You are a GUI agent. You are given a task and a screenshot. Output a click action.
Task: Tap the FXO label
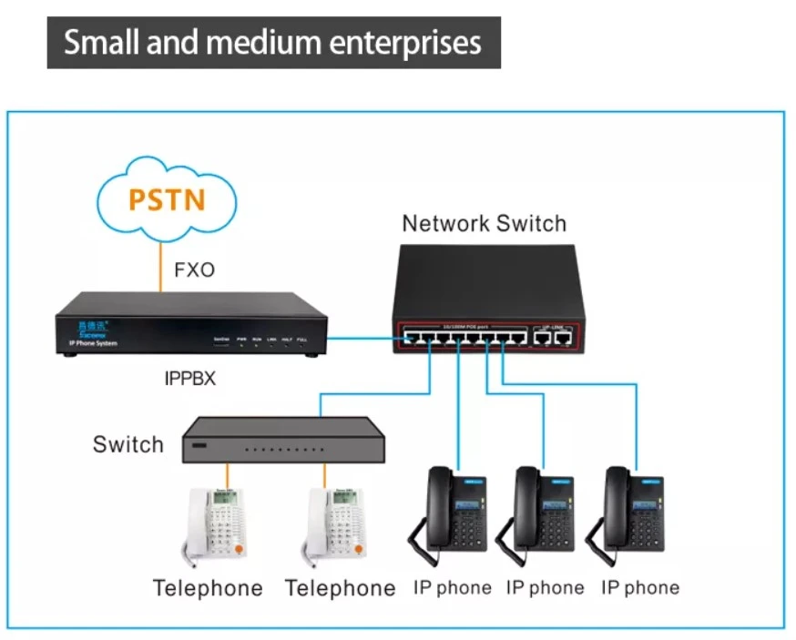pyautogui.click(x=194, y=269)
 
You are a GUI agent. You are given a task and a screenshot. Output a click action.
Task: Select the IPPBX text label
pyautogui.click(x=190, y=378)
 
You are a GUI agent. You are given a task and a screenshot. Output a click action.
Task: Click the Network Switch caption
pyautogui.click(x=484, y=223)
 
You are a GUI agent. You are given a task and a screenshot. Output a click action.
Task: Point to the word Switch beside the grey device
pyautogui.click(x=128, y=444)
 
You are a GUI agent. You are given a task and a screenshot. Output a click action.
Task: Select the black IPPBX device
pyautogui.click(x=190, y=323)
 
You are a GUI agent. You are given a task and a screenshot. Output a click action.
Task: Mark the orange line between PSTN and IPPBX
pyautogui.click(x=160, y=264)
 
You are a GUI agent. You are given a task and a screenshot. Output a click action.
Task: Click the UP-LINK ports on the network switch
pyautogui.click(x=554, y=338)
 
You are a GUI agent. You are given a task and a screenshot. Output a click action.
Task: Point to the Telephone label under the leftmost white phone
pyautogui.click(x=208, y=588)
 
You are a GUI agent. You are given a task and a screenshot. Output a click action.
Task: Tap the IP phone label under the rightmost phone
pyautogui.click(x=639, y=587)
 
